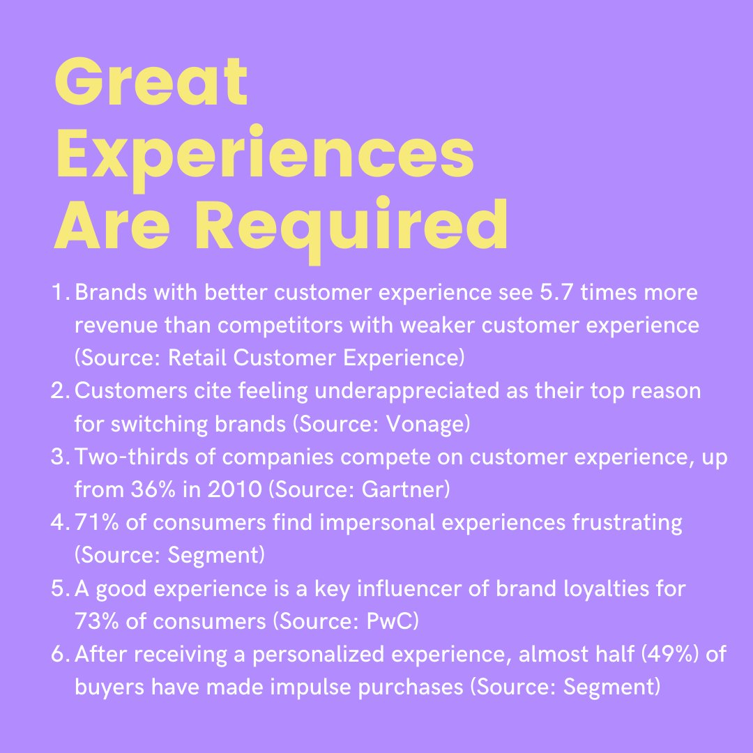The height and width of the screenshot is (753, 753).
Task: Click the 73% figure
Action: (95, 621)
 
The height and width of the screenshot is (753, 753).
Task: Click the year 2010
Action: (227, 489)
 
